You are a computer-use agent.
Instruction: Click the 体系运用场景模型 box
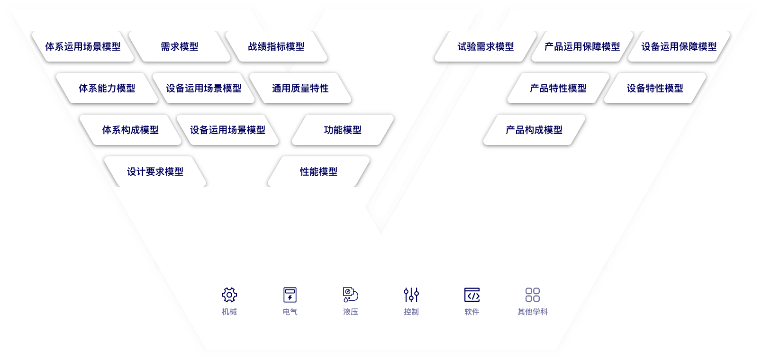[83, 46]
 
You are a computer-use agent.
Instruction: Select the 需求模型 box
[180, 46]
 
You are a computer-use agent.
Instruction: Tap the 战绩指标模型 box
[276, 46]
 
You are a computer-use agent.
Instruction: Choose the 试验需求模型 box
[486, 46]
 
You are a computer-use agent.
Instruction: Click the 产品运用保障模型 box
[582, 46]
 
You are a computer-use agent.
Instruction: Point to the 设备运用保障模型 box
[679, 46]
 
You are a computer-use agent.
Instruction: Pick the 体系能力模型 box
[107, 88]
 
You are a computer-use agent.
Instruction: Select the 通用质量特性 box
[300, 88]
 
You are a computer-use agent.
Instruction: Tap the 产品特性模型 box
[558, 88]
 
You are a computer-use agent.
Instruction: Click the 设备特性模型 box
[655, 88]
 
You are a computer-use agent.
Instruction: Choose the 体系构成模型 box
[131, 130]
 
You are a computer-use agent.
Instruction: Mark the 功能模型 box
[343, 130]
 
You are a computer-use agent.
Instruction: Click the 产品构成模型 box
[534, 130]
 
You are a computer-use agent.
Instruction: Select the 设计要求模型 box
[155, 171]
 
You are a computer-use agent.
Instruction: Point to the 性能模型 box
[319, 171]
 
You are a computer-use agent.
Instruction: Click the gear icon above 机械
[229, 295]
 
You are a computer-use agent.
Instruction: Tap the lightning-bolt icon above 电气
[290, 295]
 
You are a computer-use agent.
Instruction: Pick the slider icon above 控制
[411, 295]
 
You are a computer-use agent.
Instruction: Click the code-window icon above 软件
[472, 295]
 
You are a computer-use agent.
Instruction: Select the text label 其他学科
[533, 312]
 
